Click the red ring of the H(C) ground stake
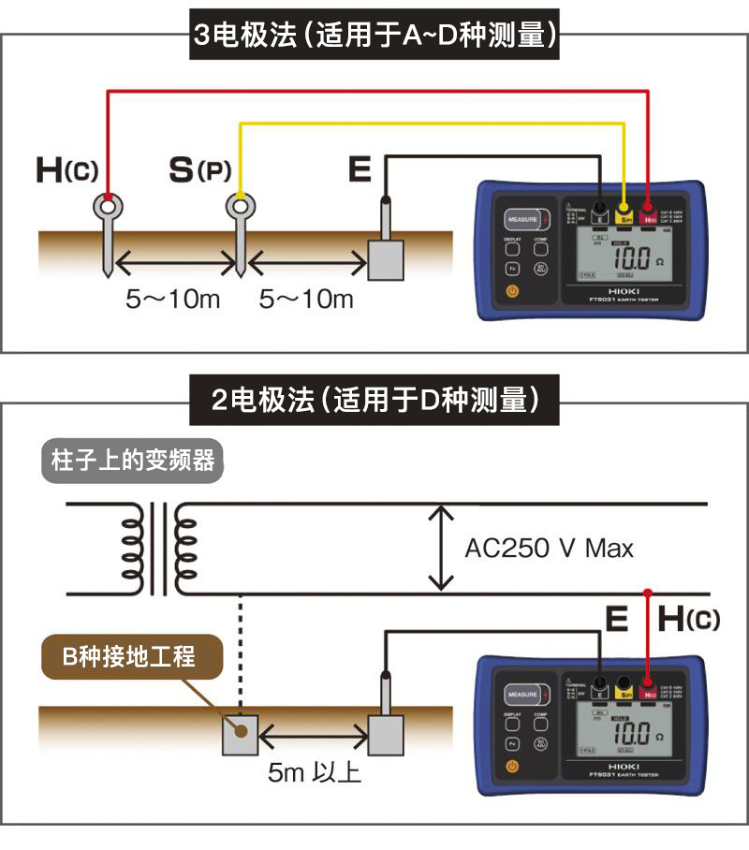click(x=109, y=204)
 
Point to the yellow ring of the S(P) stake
click(x=241, y=204)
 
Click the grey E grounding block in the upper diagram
click(x=384, y=259)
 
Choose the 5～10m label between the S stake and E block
click(x=307, y=299)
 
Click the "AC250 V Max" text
click(x=549, y=548)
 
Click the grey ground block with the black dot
click(x=239, y=736)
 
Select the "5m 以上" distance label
click(x=314, y=773)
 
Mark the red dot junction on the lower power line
click(x=647, y=594)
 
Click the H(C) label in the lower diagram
click(x=688, y=619)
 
